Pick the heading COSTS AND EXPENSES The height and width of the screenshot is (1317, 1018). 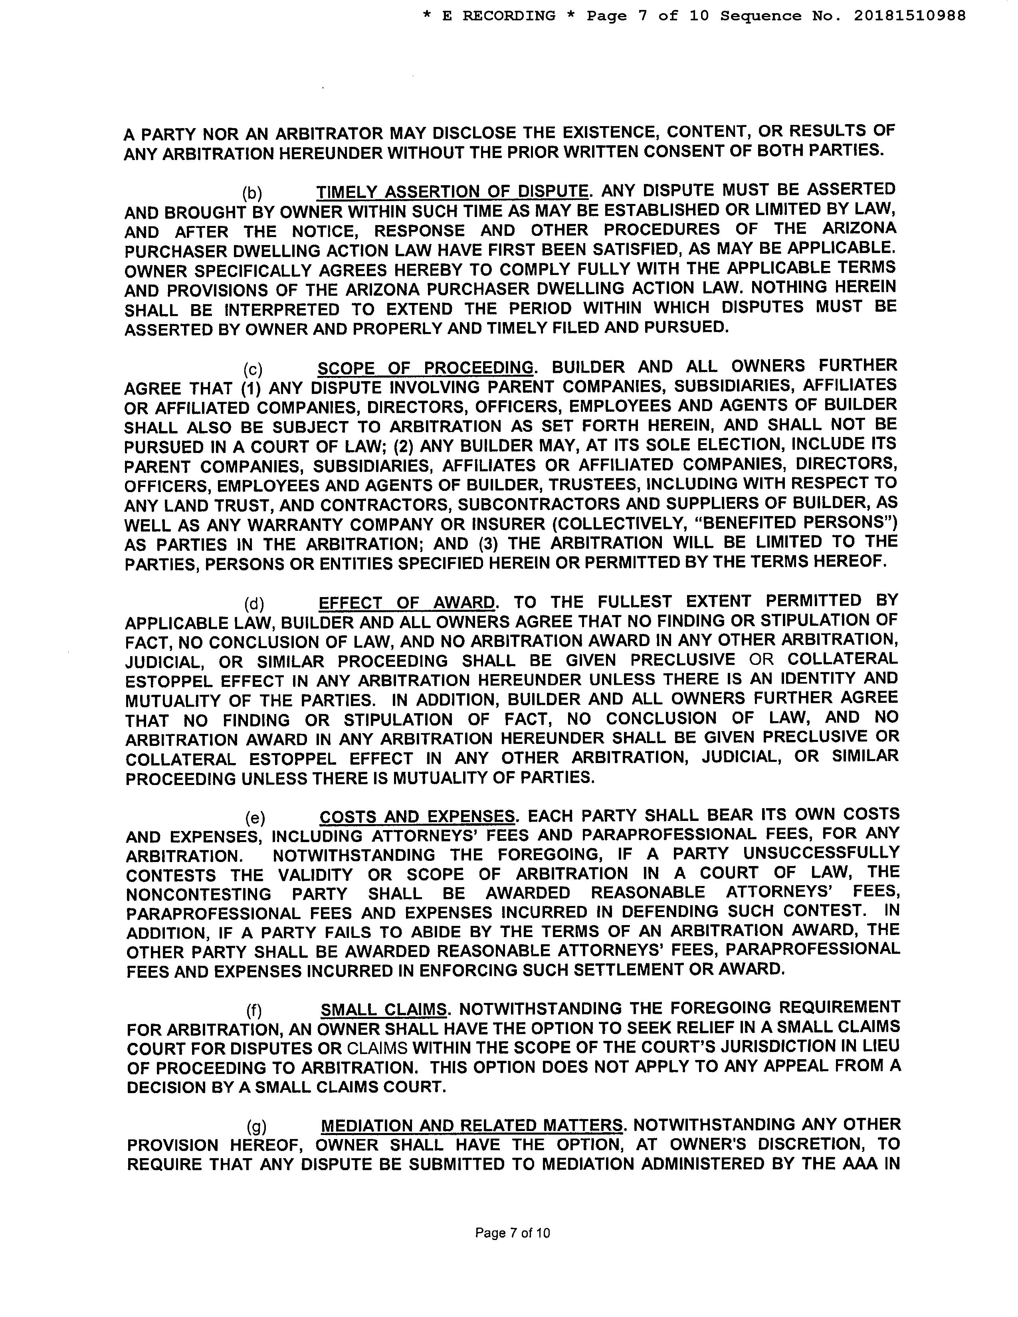pos(417,817)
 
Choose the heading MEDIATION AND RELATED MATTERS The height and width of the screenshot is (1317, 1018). pos(471,1126)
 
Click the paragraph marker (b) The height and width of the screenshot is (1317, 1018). pos(252,193)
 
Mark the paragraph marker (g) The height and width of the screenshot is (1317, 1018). pos(256,1127)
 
